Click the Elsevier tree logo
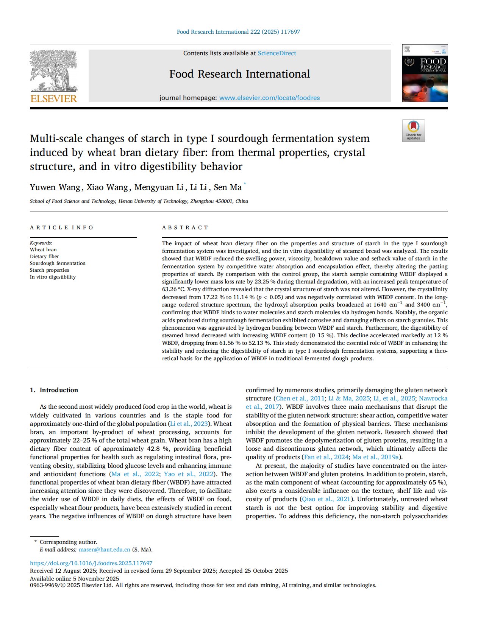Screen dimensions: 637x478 pyautogui.click(x=53, y=71)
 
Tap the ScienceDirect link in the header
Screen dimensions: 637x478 pyautogui.click(x=277, y=53)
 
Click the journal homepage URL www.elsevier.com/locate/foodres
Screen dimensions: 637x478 pyautogui.click(x=269, y=98)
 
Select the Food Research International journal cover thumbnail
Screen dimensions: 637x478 pyautogui.click(x=425, y=73)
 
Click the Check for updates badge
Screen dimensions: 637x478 pyautogui.click(x=413, y=131)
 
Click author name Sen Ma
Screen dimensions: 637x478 pyautogui.click(x=227, y=187)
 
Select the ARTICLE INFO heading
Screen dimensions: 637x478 pyautogui.click(x=62, y=227)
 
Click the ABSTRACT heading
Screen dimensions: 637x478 pyautogui.click(x=185, y=227)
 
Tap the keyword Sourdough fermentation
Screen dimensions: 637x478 pyautogui.click(x=58, y=263)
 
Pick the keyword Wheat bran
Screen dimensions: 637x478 pyautogui.click(x=43, y=250)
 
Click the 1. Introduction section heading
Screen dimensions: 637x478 pyautogui.click(x=54, y=390)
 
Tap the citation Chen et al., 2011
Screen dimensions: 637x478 pyautogui.click(x=300, y=399)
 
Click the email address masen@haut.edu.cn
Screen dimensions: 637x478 pyautogui.click(x=104, y=550)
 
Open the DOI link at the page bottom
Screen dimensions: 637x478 pyautogui.click(x=91, y=563)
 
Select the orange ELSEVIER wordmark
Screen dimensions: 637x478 pyautogui.click(x=53, y=99)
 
